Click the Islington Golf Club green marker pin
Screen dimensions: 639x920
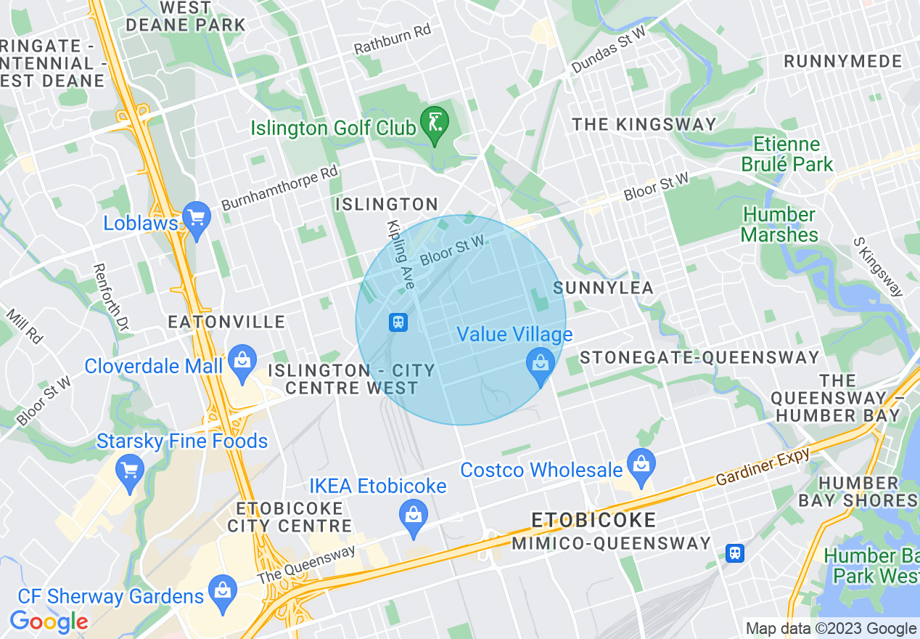click(435, 123)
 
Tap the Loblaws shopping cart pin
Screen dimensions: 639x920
click(196, 218)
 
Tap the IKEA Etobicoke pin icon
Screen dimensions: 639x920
click(413, 516)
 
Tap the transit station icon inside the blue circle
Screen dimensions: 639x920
click(398, 322)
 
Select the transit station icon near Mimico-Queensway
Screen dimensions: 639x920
click(735, 553)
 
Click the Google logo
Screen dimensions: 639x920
click(49, 622)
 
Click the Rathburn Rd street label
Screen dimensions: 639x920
click(393, 41)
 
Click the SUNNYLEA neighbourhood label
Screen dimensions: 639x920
click(604, 288)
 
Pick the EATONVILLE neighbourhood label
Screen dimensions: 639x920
click(226, 322)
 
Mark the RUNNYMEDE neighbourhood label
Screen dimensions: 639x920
click(842, 62)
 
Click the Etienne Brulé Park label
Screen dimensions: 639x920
click(786, 154)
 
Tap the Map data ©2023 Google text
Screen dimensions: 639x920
click(831, 628)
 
